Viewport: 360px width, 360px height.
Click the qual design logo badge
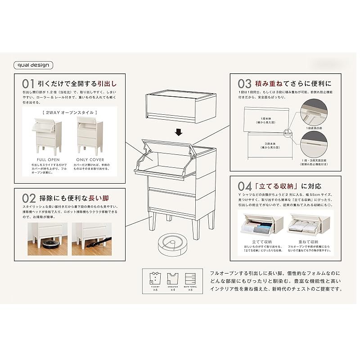[34, 65]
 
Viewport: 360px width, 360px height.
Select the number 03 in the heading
[244, 84]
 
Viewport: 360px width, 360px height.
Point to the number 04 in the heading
[244, 185]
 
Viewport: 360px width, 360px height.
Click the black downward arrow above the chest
[179, 132]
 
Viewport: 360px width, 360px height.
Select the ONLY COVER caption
[90, 160]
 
